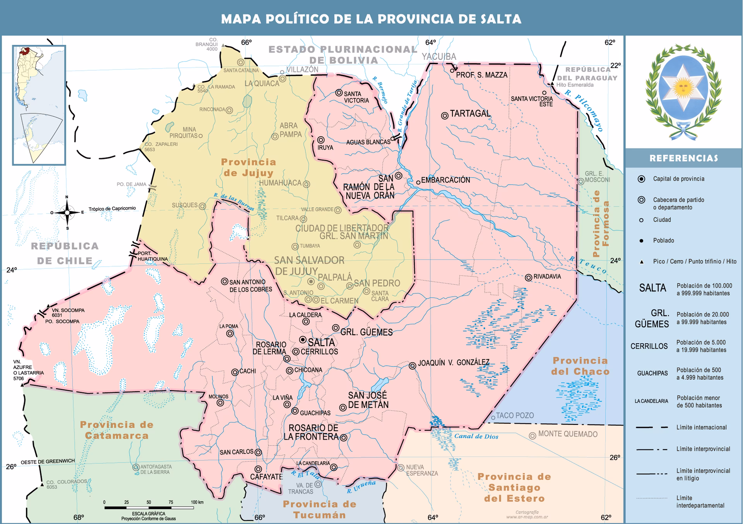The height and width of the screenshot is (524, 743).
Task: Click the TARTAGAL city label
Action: coord(470,114)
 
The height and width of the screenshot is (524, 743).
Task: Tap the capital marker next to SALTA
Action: coord(303,340)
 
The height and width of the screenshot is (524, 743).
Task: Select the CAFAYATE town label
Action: coord(266,477)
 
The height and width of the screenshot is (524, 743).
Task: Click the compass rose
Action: coord(67,212)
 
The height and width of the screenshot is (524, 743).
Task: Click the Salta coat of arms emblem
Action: coord(683,92)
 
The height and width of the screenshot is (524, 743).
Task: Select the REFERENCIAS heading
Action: coord(683,158)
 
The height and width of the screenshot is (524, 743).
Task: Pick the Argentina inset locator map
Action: coord(39,105)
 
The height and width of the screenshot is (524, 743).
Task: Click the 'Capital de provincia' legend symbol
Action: coord(641,179)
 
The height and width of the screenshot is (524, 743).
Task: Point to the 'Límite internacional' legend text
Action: coord(701,427)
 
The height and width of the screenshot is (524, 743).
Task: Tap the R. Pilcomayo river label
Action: coord(584,110)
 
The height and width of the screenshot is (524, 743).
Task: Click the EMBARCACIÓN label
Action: coord(445,180)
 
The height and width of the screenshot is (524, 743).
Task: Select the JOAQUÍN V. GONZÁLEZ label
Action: coord(454,363)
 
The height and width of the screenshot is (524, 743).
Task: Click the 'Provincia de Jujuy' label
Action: coord(248,167)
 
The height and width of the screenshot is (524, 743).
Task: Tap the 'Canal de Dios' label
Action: coord(476,437)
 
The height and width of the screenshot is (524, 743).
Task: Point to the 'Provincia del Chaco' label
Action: coord(580,366)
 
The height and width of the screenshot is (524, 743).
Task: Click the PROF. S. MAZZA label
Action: coord(481,75)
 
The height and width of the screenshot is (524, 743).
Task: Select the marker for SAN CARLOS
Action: coord(258,452)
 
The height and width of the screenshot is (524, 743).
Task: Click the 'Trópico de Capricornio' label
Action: coord(112,209)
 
